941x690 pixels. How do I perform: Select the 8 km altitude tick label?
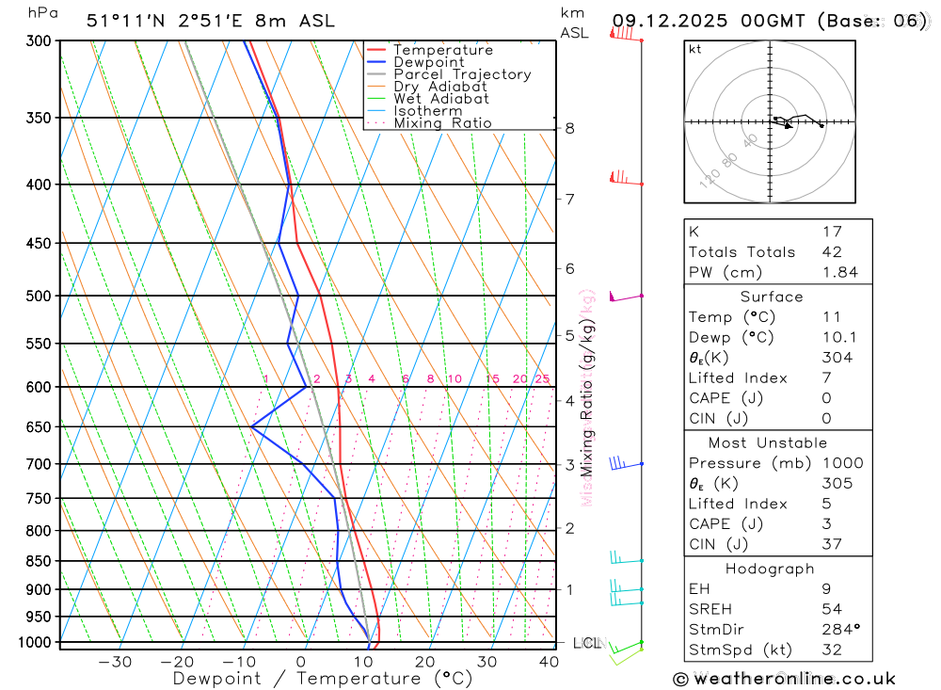coord(569,128)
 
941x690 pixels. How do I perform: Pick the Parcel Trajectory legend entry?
coord(462,74)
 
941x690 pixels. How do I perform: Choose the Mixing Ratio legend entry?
coord(442,123)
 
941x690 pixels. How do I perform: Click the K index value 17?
coord(832,232)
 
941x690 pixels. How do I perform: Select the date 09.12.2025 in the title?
coord(677,21)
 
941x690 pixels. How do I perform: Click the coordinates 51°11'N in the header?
coord(120,21)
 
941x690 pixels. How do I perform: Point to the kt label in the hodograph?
coord(695,49)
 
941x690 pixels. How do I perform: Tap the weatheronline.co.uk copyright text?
coord(785,679)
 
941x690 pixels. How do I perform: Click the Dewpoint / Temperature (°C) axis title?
coord(323,679)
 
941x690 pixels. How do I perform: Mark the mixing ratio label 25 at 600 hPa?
coord(542,379)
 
